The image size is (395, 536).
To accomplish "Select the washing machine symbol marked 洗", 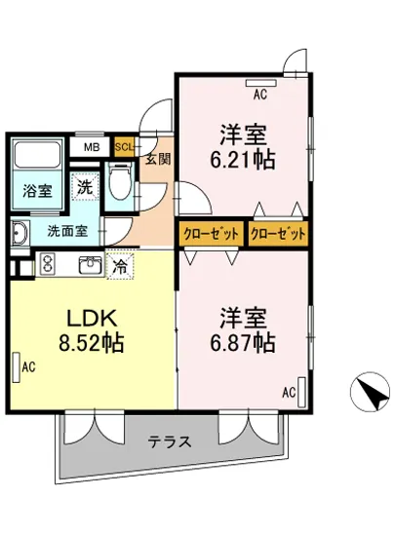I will click(85, 187).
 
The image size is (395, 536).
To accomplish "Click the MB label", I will click(91, 147).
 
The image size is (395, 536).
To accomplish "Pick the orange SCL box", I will click(124, 147).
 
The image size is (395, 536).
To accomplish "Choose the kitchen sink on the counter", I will click(91, 263).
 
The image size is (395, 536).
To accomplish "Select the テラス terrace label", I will click(170, 440).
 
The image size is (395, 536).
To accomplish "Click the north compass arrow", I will click(370, 394).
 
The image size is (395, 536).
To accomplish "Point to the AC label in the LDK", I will click(28, 366).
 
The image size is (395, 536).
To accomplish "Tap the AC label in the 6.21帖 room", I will click(260, 96).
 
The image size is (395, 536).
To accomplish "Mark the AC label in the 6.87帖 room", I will click(288, 393).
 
